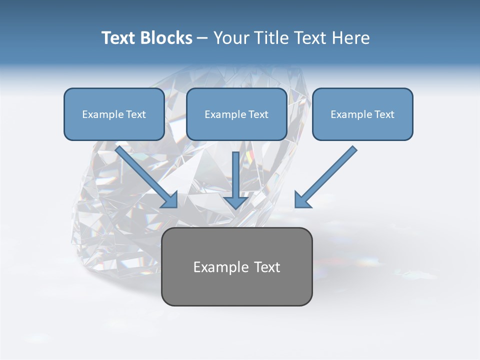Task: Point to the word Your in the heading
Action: tap(231, 38)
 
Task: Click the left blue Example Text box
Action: tap(114, 114)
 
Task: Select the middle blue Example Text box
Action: tap(236, 114)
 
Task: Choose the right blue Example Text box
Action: tap(362, 114)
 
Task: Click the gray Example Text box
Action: tap(236, 266)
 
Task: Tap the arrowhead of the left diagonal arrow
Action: tap(170, 201)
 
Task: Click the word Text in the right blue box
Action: tap(384, 114)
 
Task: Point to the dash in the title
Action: tap(203, 38)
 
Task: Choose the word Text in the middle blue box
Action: tap(258, 114)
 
